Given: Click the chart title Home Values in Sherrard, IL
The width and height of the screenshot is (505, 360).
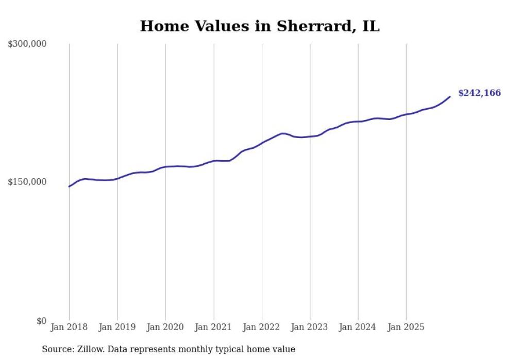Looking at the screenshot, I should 260,26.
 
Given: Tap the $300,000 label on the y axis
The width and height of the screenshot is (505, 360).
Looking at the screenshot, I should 27,44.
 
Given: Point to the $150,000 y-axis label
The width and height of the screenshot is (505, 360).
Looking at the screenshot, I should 27,182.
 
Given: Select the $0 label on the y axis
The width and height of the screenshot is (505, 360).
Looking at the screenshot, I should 41,321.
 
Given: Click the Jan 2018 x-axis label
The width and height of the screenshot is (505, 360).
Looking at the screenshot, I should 69,327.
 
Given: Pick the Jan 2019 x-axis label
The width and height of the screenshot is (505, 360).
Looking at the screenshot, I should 117,327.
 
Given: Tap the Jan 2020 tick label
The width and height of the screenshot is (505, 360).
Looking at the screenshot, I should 165,327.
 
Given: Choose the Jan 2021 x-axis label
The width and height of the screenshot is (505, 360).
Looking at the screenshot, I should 213,327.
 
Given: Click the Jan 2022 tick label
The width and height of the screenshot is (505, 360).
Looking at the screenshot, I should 262,327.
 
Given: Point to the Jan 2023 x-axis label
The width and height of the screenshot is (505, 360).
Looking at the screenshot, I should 310,327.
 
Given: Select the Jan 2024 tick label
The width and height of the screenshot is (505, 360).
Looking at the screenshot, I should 358,327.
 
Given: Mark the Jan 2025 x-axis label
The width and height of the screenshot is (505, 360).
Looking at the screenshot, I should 406,327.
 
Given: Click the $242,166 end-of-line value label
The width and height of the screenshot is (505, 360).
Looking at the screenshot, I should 479,93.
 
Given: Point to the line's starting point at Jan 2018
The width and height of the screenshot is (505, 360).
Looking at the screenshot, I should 69,186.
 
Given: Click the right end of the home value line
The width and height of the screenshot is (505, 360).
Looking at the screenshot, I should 450,96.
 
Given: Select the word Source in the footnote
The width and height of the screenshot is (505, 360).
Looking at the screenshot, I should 57,349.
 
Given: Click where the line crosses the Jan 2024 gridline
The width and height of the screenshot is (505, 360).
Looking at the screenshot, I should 358,122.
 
